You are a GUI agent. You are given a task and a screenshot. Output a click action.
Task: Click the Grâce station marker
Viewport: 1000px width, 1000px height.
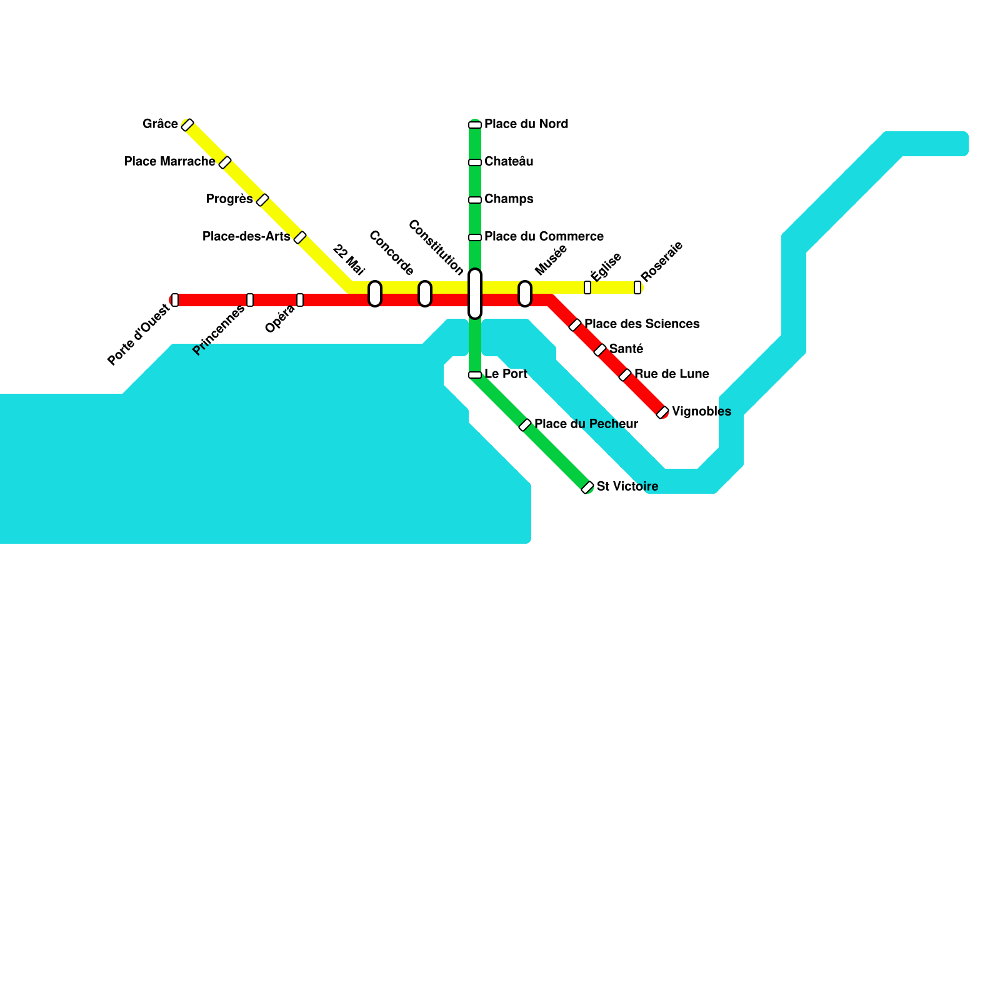point(187,125)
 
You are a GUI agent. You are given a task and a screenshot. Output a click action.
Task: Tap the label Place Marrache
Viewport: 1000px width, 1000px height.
point(169,162)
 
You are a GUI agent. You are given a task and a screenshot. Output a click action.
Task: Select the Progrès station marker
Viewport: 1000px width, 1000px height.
point(262,200)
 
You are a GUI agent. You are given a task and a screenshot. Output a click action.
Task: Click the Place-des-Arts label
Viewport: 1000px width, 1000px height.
point(246,237)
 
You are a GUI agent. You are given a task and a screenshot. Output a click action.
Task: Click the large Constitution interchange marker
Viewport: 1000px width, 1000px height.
point(475,294)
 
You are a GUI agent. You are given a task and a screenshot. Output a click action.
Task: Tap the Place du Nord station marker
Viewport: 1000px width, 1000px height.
point(475,125)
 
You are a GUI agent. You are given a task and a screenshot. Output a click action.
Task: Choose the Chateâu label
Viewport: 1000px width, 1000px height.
point(509,162)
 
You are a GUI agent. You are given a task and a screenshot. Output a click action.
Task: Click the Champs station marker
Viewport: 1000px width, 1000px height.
point(475,200)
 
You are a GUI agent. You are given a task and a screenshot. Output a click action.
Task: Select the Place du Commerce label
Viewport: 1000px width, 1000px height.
point(544,237)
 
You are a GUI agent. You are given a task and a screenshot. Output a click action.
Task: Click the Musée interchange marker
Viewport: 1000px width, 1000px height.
point(525,294)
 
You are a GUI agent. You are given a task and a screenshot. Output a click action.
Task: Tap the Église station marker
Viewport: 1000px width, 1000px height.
point(587,287)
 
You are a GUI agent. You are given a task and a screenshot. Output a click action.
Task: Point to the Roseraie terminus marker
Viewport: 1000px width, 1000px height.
point(637,287)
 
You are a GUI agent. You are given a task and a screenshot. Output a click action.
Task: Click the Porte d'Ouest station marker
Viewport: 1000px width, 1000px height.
point(175,300)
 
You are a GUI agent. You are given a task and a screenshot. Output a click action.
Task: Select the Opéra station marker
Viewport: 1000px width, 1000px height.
point(300,300)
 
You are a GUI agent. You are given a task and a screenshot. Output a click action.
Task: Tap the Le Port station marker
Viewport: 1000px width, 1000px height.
point(475,375)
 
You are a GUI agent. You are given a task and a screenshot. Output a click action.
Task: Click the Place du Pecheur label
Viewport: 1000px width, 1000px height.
point(586,424)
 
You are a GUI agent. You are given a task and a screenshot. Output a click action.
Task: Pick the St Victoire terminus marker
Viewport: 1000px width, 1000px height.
point(587,487)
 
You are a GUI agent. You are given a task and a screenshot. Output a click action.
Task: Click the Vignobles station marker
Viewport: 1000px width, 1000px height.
point(662,412)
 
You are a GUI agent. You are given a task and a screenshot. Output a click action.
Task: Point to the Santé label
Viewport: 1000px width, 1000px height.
point(626,349)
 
